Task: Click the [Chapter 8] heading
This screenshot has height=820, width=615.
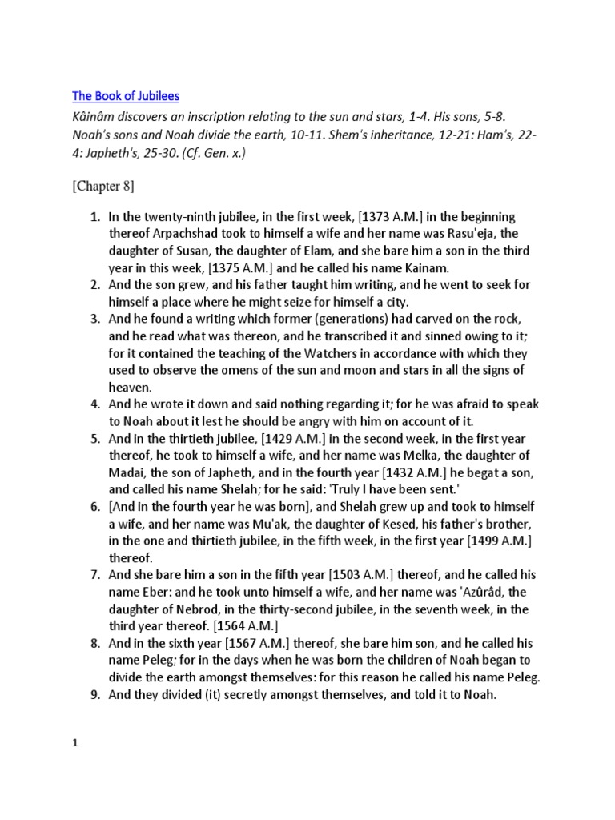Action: coord(103,187)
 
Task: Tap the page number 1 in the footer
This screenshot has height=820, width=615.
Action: coord(75,742)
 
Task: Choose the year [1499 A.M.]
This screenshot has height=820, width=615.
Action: coord(496,540)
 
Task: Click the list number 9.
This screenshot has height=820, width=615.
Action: coord(94,695)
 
